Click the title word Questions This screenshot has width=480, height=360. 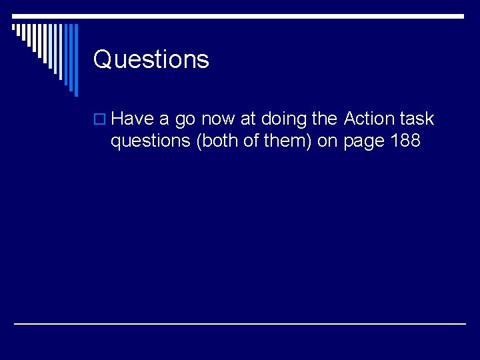151,59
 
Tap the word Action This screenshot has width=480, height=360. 370,119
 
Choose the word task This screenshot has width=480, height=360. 418,119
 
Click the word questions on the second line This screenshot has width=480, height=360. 151,142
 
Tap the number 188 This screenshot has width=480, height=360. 405,141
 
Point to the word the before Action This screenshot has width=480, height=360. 325,119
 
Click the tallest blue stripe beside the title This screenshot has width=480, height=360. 75,60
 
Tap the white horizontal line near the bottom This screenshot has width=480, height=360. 240,323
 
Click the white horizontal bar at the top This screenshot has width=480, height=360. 240,16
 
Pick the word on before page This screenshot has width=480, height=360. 327,142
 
